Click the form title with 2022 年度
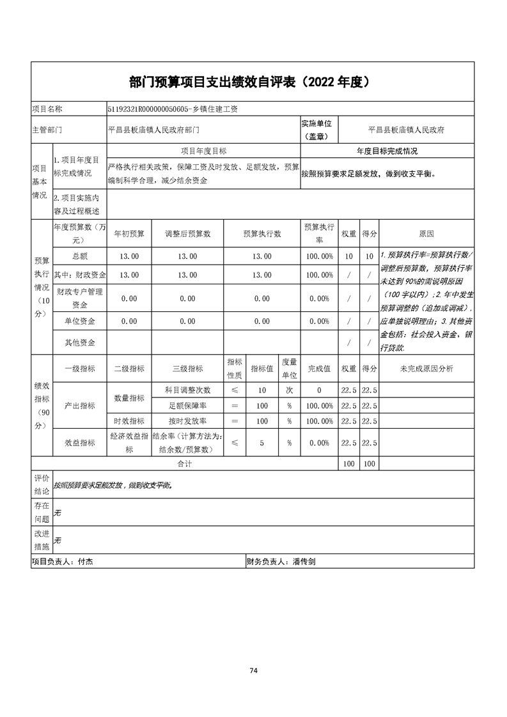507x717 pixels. point(253,82)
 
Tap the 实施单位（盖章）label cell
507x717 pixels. point(319,129)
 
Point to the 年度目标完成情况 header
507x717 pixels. point(387,151)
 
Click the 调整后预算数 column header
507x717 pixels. point(187,234)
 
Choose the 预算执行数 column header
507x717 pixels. point(262,234)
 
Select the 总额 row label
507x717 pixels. point(80,256)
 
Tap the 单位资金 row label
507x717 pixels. point(80,321)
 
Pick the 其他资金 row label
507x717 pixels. point(80,343)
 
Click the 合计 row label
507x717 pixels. point(184,464)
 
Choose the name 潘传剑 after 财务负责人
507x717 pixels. point(304,562)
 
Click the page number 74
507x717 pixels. point(253,670)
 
